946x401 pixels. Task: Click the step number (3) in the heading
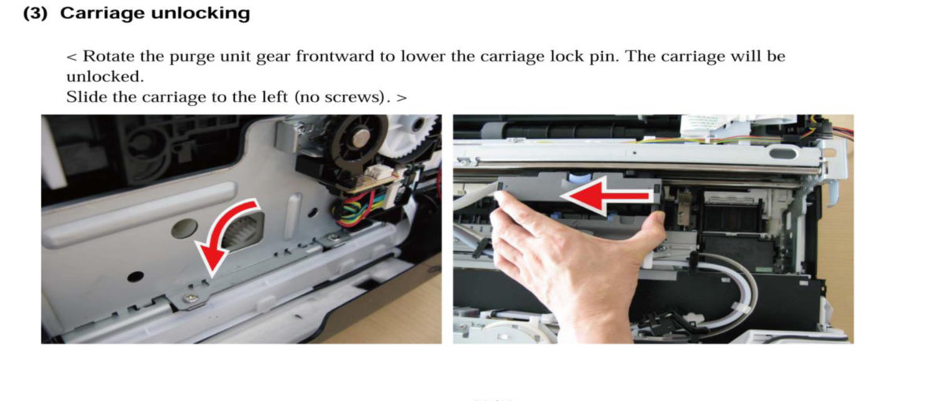coord(35,13)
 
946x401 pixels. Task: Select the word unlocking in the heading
coord(200,14)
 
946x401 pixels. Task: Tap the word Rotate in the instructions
coord(109,56)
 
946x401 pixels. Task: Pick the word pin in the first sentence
coord(607,58)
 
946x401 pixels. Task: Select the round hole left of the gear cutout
coord(184,228)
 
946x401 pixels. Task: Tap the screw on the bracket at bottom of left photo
coord(189,299)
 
